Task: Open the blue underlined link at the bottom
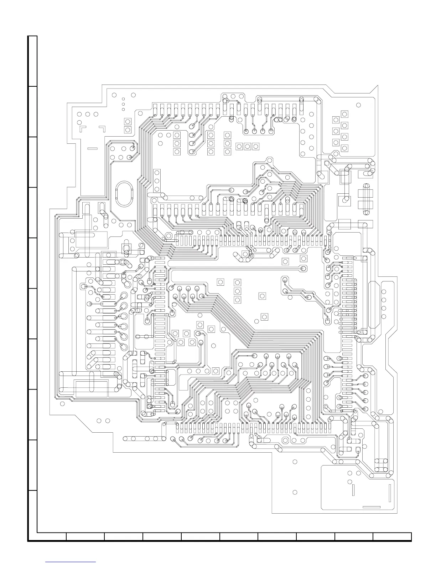[x=71, y=562]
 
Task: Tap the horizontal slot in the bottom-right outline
[x=371, y=507]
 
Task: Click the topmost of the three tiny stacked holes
[x=123, y=99]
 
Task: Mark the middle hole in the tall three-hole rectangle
[x=157, y=181]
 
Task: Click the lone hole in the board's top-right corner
[x=358, y=105]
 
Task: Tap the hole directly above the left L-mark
[x=79, y=114]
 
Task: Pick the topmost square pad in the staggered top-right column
[x=344, y=114]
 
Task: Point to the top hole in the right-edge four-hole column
[x=384, y=292]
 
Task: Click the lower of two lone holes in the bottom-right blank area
[x=295, y=493]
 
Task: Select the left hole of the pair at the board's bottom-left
[x=99, y=421]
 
